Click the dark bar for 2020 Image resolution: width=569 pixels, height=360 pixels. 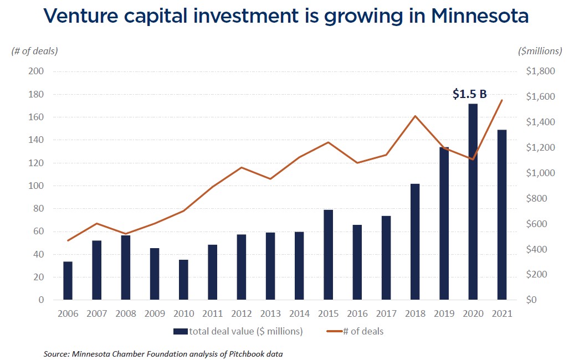[x=473, y=202]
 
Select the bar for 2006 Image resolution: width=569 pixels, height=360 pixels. [x=68, y=281]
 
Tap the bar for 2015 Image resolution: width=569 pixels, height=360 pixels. [x=328, y=255]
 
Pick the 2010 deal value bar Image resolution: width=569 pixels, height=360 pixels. [x=183, y=280]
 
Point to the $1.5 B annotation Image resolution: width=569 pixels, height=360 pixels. [x=469, y=94]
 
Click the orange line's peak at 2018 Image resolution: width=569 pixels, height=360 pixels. [x=415, y=116]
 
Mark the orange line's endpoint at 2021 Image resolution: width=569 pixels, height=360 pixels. [x=502, y=100]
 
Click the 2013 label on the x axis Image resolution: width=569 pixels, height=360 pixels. [x=270, y=313]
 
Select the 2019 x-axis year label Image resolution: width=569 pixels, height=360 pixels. [x=444, y=313]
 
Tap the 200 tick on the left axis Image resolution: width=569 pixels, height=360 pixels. [x=37, y=71]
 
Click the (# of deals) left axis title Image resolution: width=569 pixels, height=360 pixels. [x=34, y=51]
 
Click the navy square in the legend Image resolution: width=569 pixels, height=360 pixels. [x=181, y=332]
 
